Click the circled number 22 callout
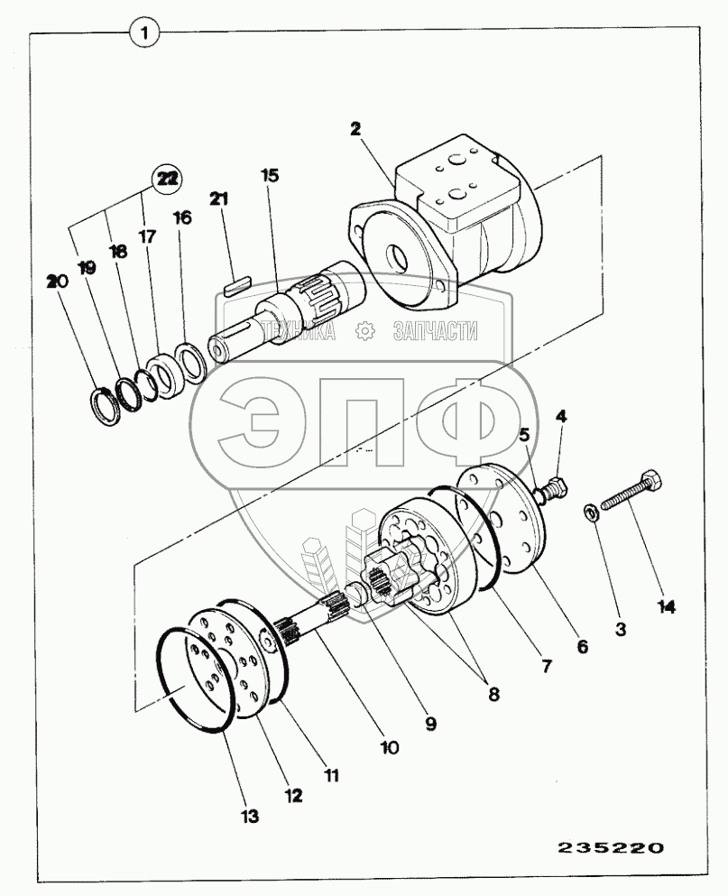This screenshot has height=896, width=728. (165, 179)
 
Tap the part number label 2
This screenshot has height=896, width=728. (355, 129)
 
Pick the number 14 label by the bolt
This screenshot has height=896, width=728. (666, 606)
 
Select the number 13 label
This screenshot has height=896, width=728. (250, 817)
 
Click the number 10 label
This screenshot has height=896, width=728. (389, 748)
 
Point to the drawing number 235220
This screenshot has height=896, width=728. (611, 848)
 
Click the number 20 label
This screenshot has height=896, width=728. (57, 282)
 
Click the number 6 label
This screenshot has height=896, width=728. (583, 646)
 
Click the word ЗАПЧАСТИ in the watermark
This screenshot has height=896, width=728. (435, 332)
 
